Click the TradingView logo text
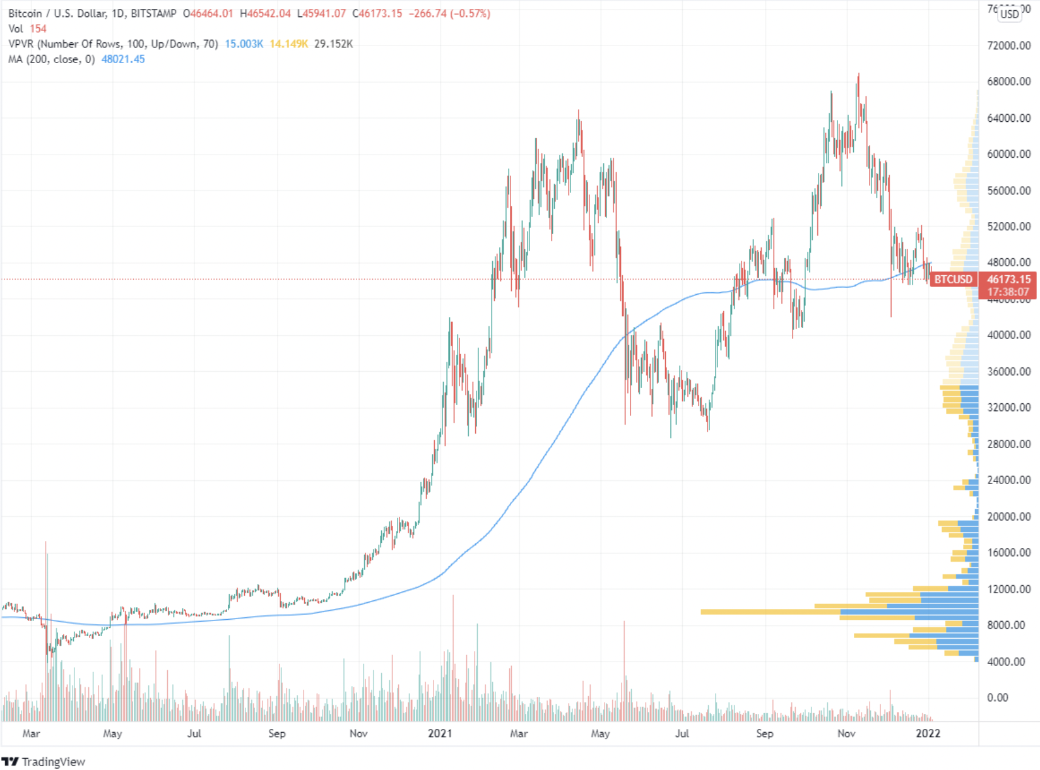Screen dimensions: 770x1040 (x=53, y=762)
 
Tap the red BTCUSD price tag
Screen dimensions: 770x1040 (x=953, y=279)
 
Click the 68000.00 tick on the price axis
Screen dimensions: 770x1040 (x=1008, y=81)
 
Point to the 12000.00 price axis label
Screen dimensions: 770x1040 (x=1008, y=589)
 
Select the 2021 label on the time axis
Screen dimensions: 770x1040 (x=440, y=733)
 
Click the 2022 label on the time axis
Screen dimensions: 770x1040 (x=928, y=733)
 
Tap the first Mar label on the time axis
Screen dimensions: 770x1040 (x=31, y=733)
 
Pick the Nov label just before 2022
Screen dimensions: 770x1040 (x=846, y=733)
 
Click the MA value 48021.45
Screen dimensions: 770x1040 (x=123, y=59)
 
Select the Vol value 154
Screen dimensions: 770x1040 (x=38, y=28)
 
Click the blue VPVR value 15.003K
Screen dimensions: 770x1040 (x=244, y=44)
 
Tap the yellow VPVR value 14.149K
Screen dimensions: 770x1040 (x=288, y=44)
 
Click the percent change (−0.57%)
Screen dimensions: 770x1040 (x=470, y=13)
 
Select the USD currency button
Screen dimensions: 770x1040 (x=1009, y=14)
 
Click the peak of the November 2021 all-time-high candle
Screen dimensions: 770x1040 (x=858, y=74)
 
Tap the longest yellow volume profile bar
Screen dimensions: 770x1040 (x=770, y=612)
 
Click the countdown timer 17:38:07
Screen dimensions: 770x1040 (x=1008, y=292)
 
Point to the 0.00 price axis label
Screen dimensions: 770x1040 (x=998, y=697)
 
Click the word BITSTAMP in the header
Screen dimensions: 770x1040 (x=153, y=13)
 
